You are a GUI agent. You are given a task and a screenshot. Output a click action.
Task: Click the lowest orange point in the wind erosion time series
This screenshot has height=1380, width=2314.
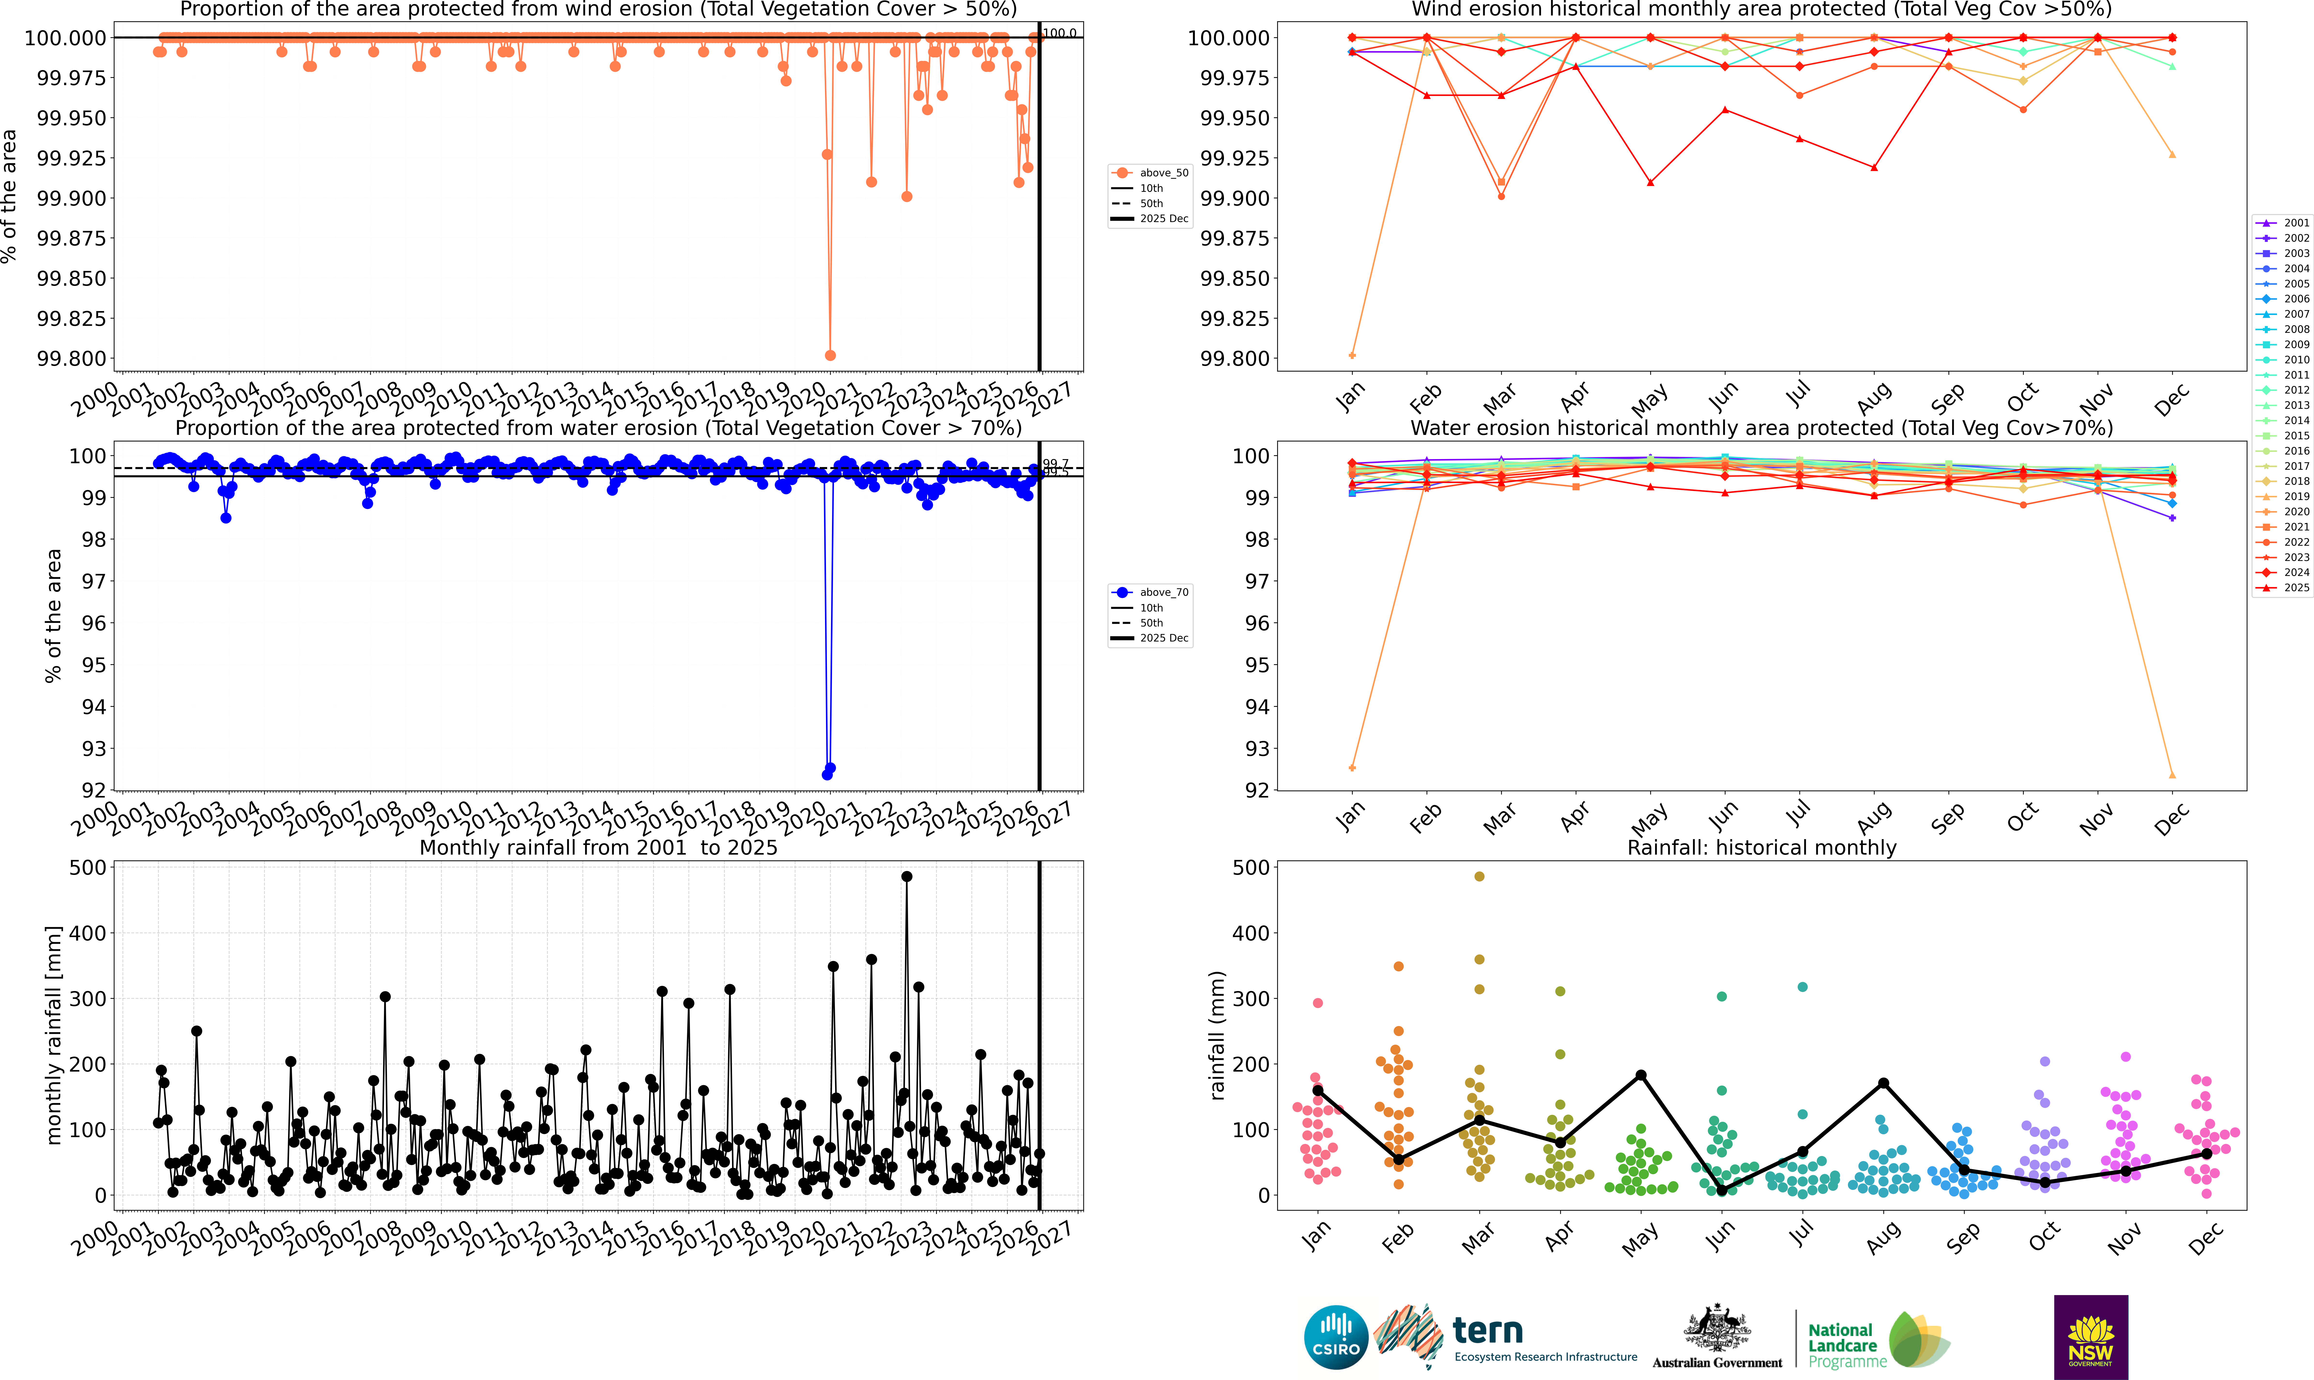(x=830, y=355)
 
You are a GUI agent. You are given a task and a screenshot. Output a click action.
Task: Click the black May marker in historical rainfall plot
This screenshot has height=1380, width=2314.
(x=1641, y=1075)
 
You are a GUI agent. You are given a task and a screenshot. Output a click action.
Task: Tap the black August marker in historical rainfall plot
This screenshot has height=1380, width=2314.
(x=1883, y=1083)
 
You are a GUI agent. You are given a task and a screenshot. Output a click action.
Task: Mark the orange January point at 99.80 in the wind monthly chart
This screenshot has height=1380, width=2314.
(x=1352, y=355)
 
